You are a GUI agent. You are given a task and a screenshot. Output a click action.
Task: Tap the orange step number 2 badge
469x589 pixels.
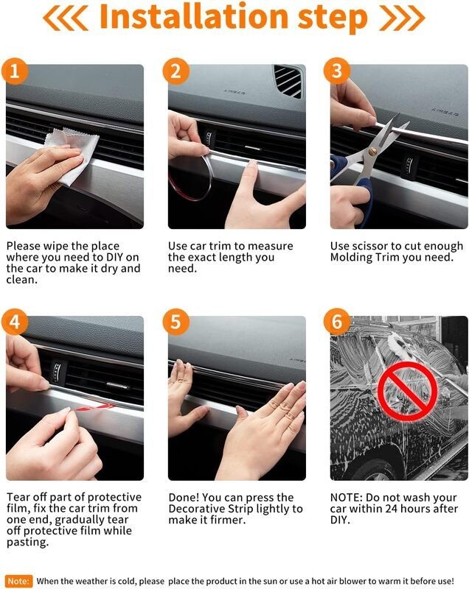click(x=176, y=72)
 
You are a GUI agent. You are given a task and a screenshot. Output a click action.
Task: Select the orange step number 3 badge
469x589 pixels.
click(x=337, y=72)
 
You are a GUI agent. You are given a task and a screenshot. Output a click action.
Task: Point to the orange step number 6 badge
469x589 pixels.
click(x=337, y=322)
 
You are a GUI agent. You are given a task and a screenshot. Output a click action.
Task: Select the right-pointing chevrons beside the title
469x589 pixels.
click(x=402, y=18)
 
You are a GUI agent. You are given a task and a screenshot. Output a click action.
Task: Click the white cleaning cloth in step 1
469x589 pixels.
click(x=70, y=157)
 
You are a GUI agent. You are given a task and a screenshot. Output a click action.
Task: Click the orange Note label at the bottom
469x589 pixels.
click(x=18, y=581)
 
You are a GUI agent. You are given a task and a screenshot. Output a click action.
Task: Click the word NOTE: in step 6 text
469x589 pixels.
click(x=349, y=497)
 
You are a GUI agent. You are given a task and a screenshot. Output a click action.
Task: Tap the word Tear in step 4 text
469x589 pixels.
click(x=19, y=497)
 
